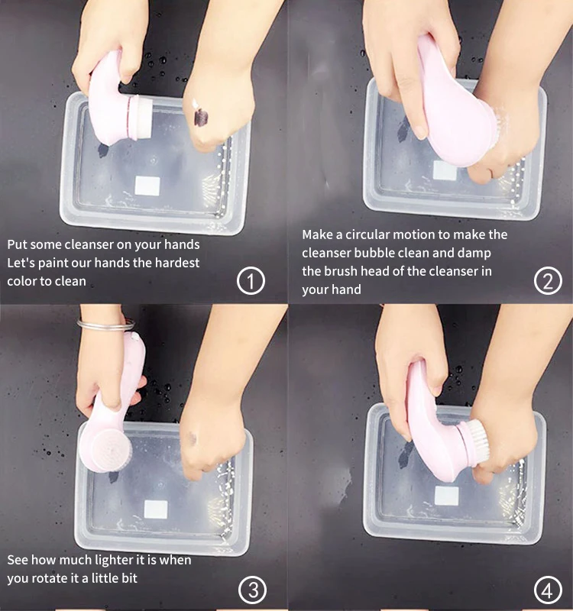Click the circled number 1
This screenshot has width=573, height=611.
pos(251,281)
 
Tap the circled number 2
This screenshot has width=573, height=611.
pos(548,281)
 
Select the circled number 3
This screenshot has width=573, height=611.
pos(253,590)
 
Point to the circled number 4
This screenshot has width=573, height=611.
pos(548,590)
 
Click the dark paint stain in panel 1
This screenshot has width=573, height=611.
pos(200,116)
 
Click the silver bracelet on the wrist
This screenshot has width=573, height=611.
pos(105,325)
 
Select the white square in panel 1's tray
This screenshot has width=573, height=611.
pos(147,186)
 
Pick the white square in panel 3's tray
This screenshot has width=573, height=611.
pos(156,509)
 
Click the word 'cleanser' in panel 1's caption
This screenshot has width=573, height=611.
pos(88,244)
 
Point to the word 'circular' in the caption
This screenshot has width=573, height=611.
pos(367,234)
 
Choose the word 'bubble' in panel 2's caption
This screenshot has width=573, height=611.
pos(372,254)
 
